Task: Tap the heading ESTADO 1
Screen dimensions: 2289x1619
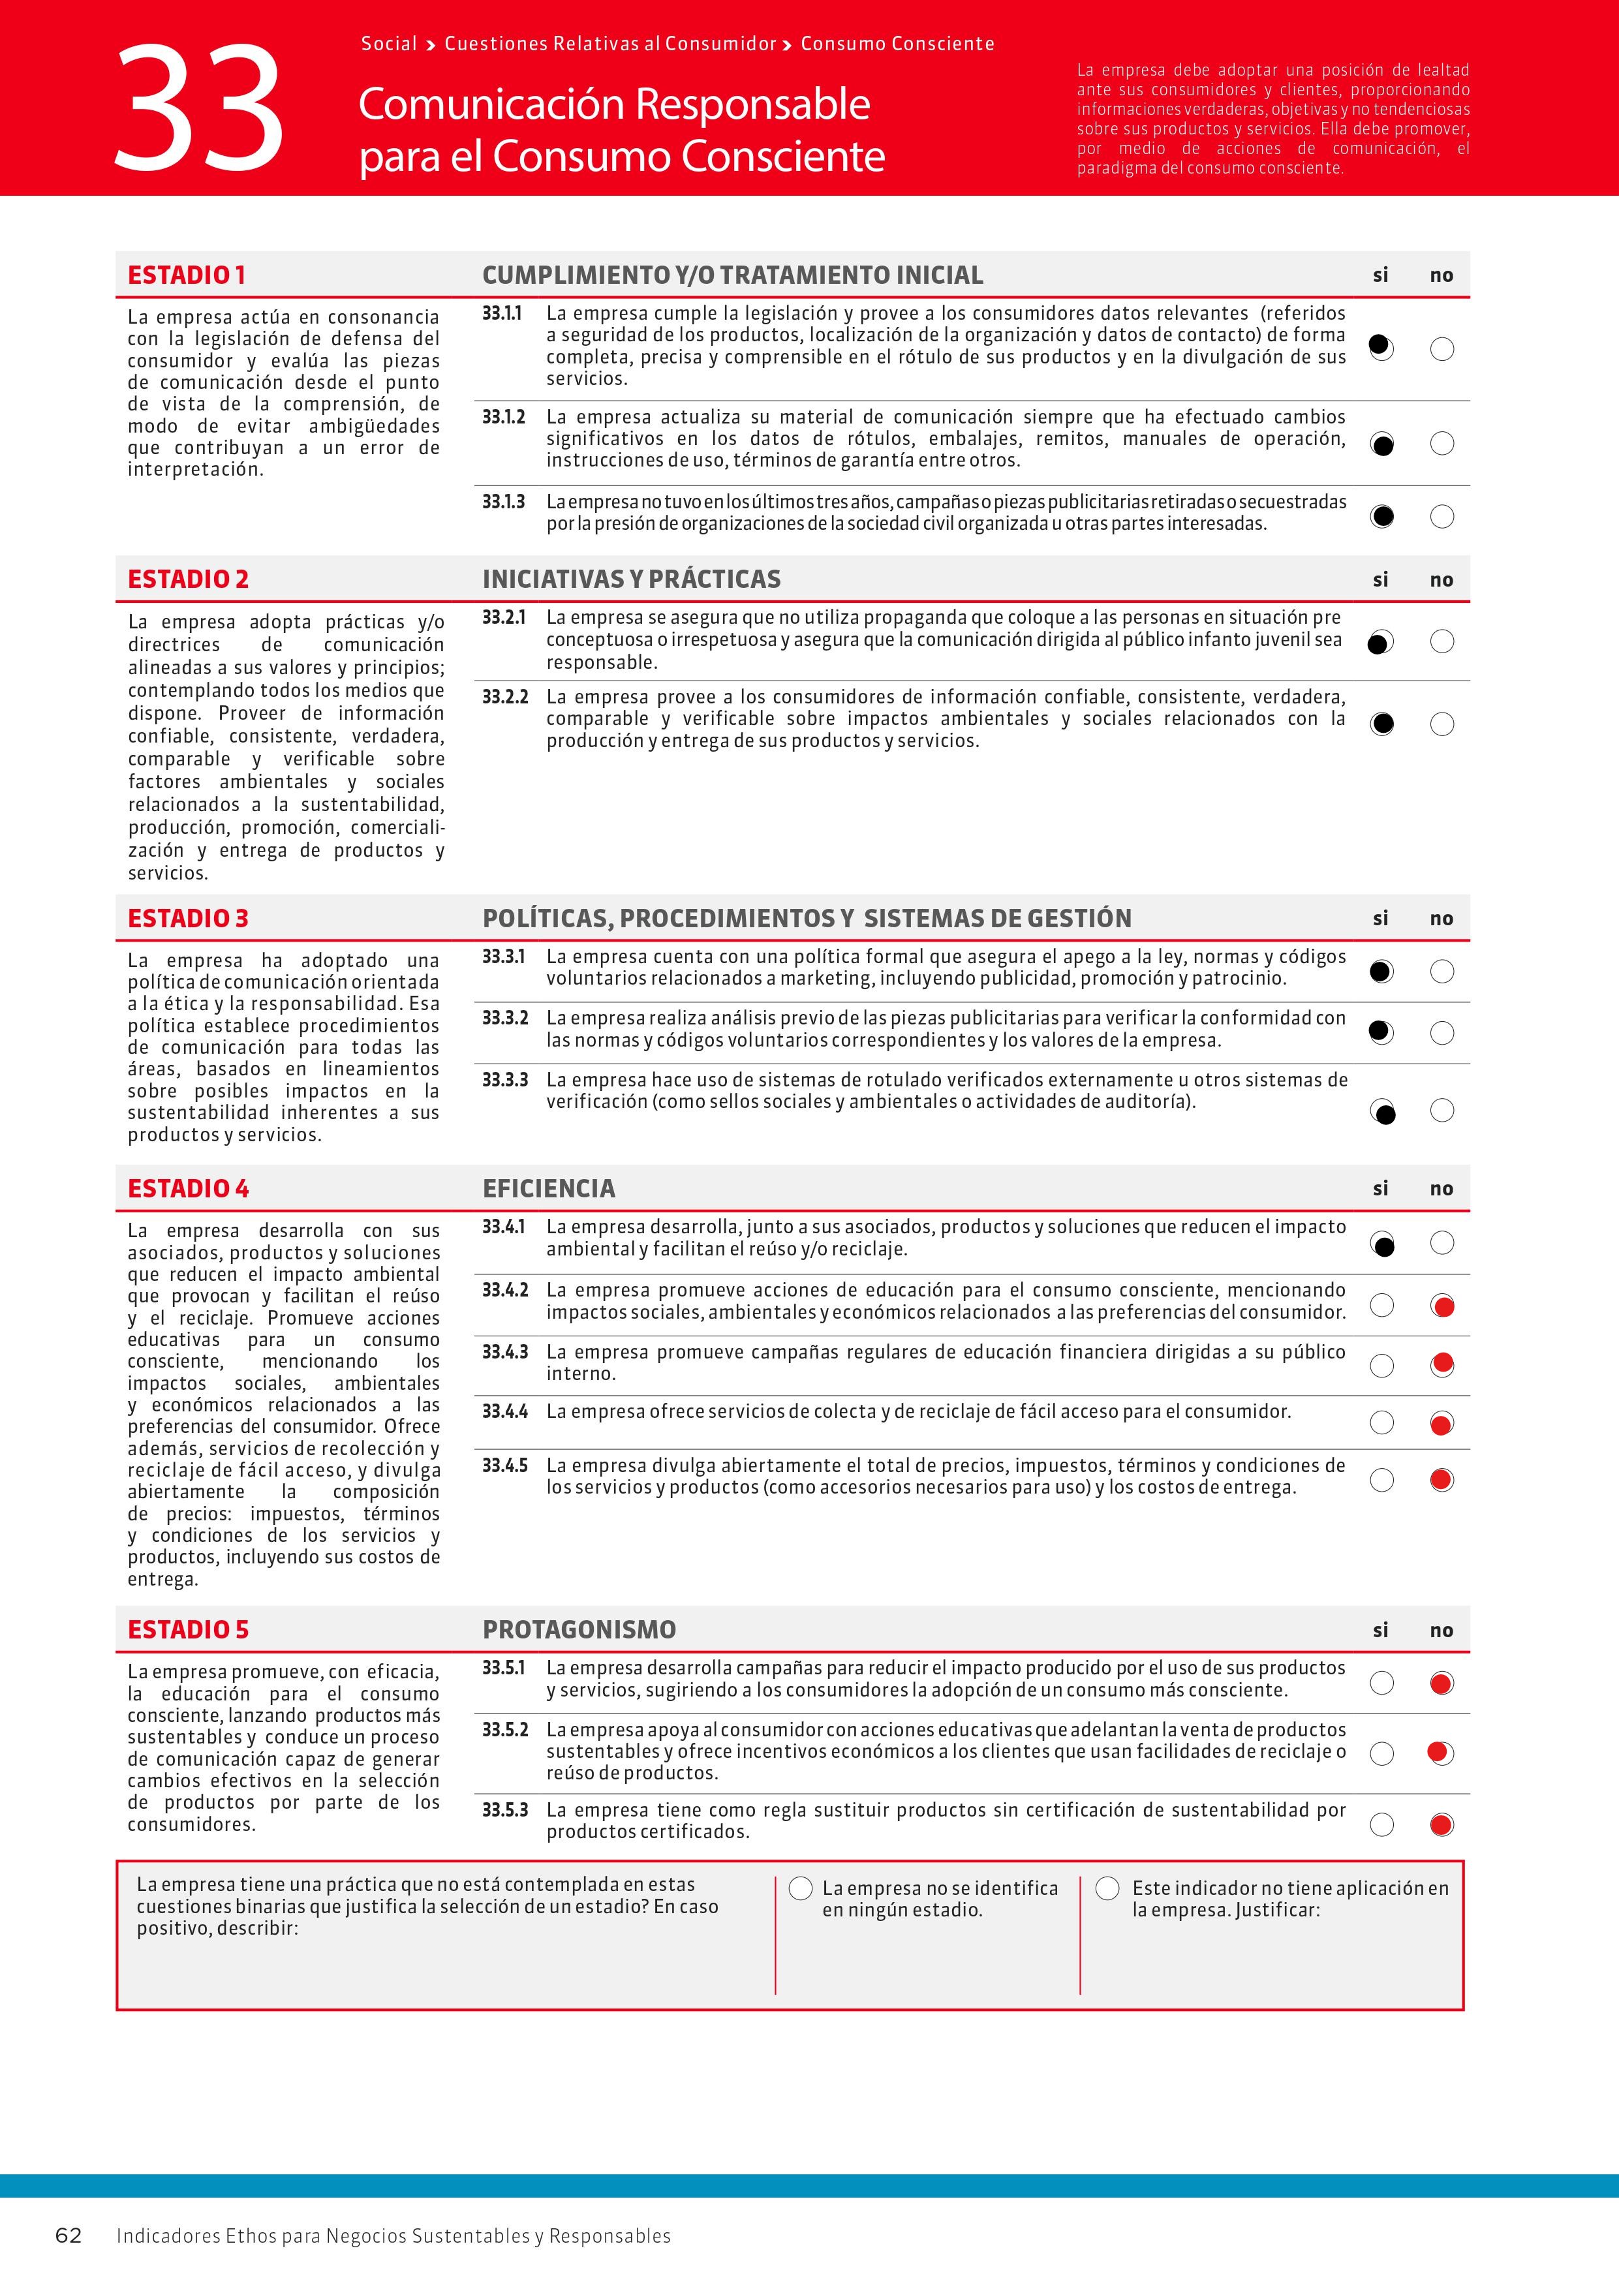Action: [187, 275]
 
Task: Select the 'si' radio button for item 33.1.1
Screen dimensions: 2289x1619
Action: [1381, 348]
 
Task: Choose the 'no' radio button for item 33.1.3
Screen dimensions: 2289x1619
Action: [1442, 516]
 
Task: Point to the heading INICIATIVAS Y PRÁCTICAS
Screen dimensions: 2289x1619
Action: [631, 579]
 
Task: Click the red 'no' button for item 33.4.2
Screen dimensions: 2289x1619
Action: [1442, 1306]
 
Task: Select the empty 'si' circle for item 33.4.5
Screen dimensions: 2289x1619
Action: [1381, 1479]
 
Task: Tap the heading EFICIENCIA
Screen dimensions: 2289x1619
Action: [548, 1188]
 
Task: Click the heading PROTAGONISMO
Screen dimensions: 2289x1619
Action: [579, 1630]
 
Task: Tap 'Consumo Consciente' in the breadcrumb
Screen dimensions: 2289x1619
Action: [897, 44]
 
